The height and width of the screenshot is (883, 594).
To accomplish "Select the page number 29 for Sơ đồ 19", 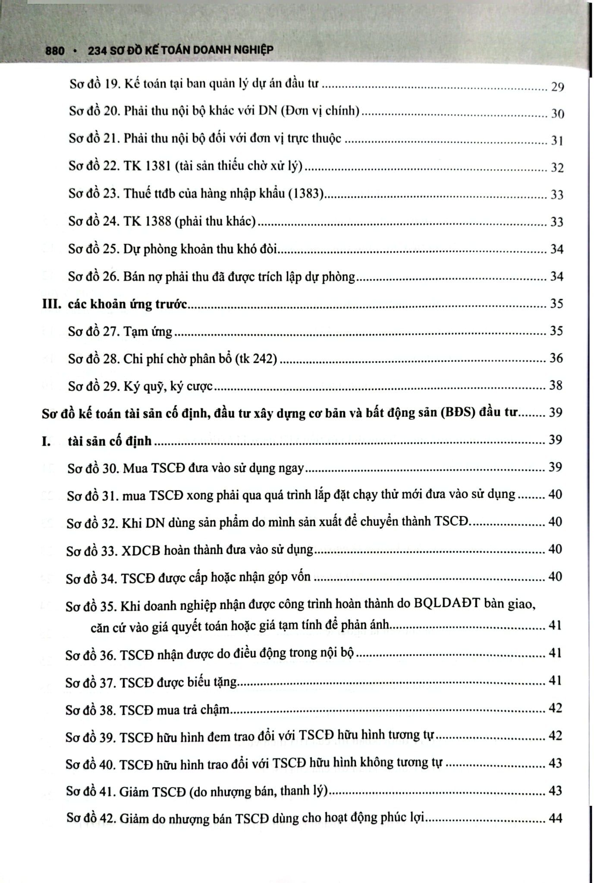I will click(557, 87).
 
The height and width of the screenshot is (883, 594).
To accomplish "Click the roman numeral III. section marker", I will click(52, 304).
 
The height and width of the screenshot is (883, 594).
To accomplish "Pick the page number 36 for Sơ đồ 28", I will click(556, 358).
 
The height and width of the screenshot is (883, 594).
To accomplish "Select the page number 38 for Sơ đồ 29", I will click(556, 385).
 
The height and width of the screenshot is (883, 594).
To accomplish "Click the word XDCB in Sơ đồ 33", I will click(140, 550).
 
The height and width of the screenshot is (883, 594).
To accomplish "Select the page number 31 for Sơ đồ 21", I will click(557, 141).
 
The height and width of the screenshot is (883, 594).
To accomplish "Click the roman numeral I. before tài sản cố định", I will click(46, 441).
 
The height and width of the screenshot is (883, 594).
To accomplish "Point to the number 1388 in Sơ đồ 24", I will click(156, 221).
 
